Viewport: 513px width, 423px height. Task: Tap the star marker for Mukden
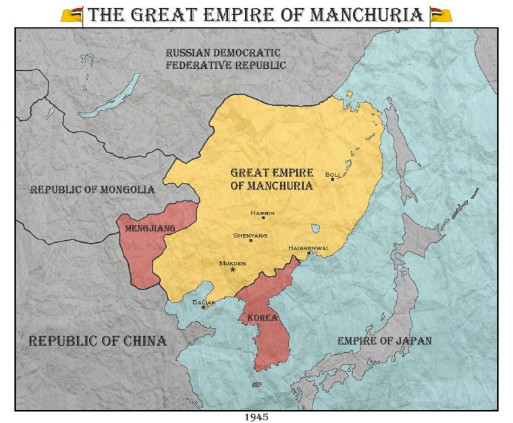click(x=233, y=270)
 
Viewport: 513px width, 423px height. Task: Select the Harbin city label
click(x=263, y=213)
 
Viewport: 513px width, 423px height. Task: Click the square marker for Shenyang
click(x=251, y=240)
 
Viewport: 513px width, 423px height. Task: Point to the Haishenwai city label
click(x=308, y=248)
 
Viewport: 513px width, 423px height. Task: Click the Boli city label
click(x=332, y=174)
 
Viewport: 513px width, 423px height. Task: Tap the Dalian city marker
click(x=204, y=307)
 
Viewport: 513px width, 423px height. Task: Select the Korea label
click(x=263, y=317)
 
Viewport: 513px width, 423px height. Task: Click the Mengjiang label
click(x=150, y=229)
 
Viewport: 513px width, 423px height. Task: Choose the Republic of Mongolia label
click(x=92, y=190)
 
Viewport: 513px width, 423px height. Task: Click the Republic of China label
click(x=97, y=341)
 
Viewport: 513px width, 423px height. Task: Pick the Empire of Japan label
click(x=384, y=341)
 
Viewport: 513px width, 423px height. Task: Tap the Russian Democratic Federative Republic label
click(x=225, y=59)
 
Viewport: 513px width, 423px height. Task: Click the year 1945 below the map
click(x=256, y=417)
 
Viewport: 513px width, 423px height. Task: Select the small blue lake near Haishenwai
click(x=315, y=229)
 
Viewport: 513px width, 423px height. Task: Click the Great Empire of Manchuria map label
click(x=271, y=179)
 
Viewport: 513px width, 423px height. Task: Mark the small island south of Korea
click(x=256, y=385)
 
